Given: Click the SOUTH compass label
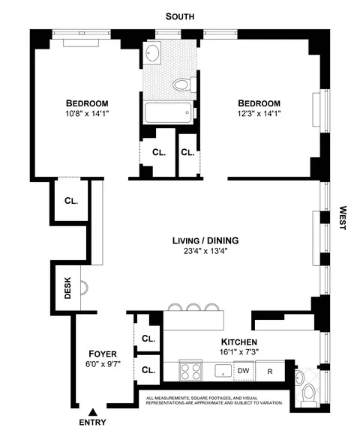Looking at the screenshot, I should click(x=180, y=15).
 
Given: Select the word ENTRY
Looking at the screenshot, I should click(x=92, y=423).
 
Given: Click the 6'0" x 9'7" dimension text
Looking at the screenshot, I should click(x=101, y=365).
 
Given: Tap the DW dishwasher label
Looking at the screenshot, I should click(x=243, y=370).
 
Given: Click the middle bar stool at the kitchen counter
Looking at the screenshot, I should click(x=194, y=306).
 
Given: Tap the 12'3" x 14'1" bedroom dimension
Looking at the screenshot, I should click(x=259, y=115).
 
